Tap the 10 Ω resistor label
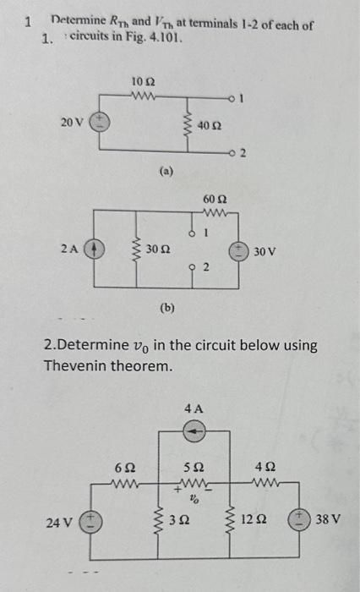tap(142, 82)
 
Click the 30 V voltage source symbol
tap(243, 250)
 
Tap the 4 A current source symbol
tap(194, 430)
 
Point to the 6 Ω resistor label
tap(123, 466)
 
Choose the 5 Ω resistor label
tap(193, 466)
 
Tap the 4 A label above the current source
tap(194, 408)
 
